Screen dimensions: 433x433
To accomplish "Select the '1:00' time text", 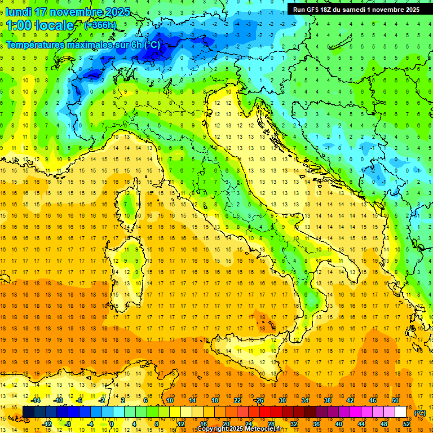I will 19,26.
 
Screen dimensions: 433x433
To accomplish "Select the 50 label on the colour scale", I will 395,400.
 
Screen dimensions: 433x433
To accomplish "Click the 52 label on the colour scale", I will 407,423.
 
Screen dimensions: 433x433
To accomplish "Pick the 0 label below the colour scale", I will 112,423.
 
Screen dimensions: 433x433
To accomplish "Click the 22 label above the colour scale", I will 237,400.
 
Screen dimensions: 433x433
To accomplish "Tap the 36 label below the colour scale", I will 316,423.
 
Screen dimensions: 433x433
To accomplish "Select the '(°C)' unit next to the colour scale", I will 420,412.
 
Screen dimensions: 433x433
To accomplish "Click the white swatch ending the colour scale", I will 400,412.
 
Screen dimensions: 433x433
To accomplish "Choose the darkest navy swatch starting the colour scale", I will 28,412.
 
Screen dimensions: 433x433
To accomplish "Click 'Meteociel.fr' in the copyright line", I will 263,429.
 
